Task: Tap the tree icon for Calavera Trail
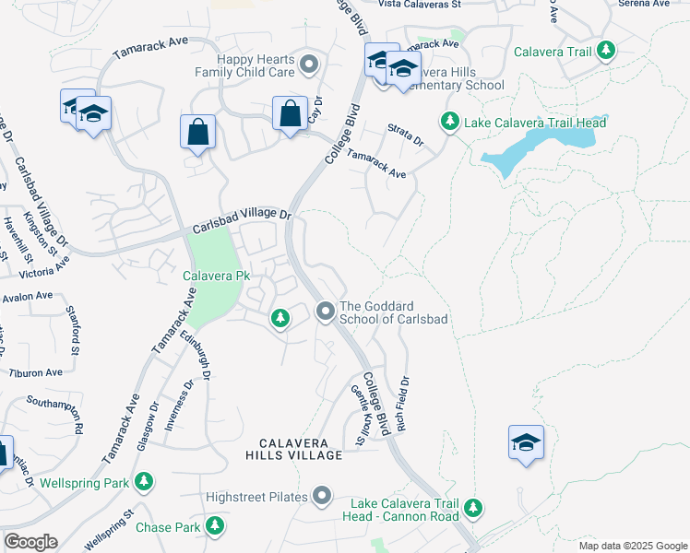click(606, 51)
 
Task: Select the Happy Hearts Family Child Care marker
click(309, 64)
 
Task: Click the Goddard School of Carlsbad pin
click(325, 312)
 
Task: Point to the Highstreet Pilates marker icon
click(322, 497)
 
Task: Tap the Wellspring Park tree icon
click(143, 481)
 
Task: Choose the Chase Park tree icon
click(215, 526)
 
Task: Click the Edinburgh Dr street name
click(195, 355)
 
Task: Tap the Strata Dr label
click(405, 135)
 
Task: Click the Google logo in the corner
click(30, 542)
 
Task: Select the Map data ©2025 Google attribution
click(631, 546)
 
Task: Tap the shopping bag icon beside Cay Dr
click(290, 114)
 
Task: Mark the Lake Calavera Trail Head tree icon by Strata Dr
click(449, 121)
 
